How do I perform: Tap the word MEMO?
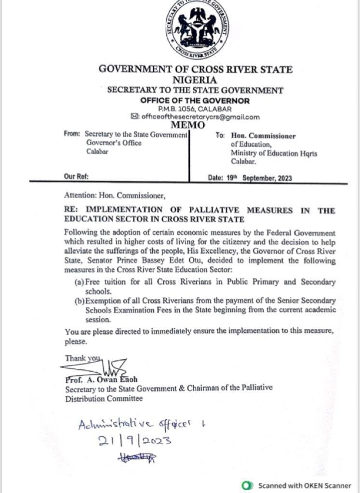188,126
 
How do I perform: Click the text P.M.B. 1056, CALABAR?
195,109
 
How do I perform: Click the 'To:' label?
220,136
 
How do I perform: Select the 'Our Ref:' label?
76,177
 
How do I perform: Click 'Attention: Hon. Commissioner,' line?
115,195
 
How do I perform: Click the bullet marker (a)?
80,282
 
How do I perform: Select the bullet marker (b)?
80,301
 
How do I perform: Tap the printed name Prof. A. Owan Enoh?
101,379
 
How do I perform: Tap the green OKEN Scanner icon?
248,485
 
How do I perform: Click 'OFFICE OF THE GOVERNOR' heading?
195,101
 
